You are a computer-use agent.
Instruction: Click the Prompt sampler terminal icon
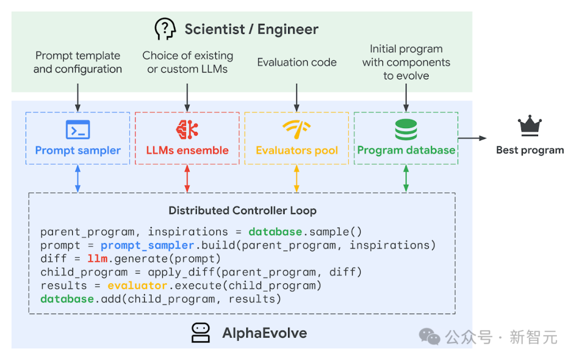pyautogui.click(x=78, y=130)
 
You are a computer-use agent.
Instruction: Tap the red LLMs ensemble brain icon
pyautogui.click(x=187, y=130)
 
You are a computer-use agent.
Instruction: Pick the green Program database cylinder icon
pyautogui.click(x=406, y=130)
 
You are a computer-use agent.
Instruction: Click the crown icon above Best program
pyautogui.click(x=530, y=127)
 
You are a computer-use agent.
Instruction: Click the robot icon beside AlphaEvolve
pyautogui.click(x=201, y=333)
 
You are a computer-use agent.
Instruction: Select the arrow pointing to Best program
pyautogui.click(x=473, y=138)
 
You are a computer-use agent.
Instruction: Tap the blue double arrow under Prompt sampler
pyautogui.click(x=78, y=179)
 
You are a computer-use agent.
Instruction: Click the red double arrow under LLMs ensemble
pyautogui.click(x=187, y=179)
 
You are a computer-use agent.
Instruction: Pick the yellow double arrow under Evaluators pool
pyautogui.click(x=297, y=179)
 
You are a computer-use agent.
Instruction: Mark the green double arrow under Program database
pyautogui.click(x=406, y=179)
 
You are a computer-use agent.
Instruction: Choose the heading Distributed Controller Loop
pyautogui.click(x=243, y=211)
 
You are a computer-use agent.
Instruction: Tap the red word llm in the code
pyautogui.click(x=98, y=259)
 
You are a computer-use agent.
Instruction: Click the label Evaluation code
pyautogui.click(x=297, y=62)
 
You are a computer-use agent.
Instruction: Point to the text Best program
pyautogui.click(x=530, y=150)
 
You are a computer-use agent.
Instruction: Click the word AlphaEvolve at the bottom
pyautogui.click(x=265, y=334)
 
